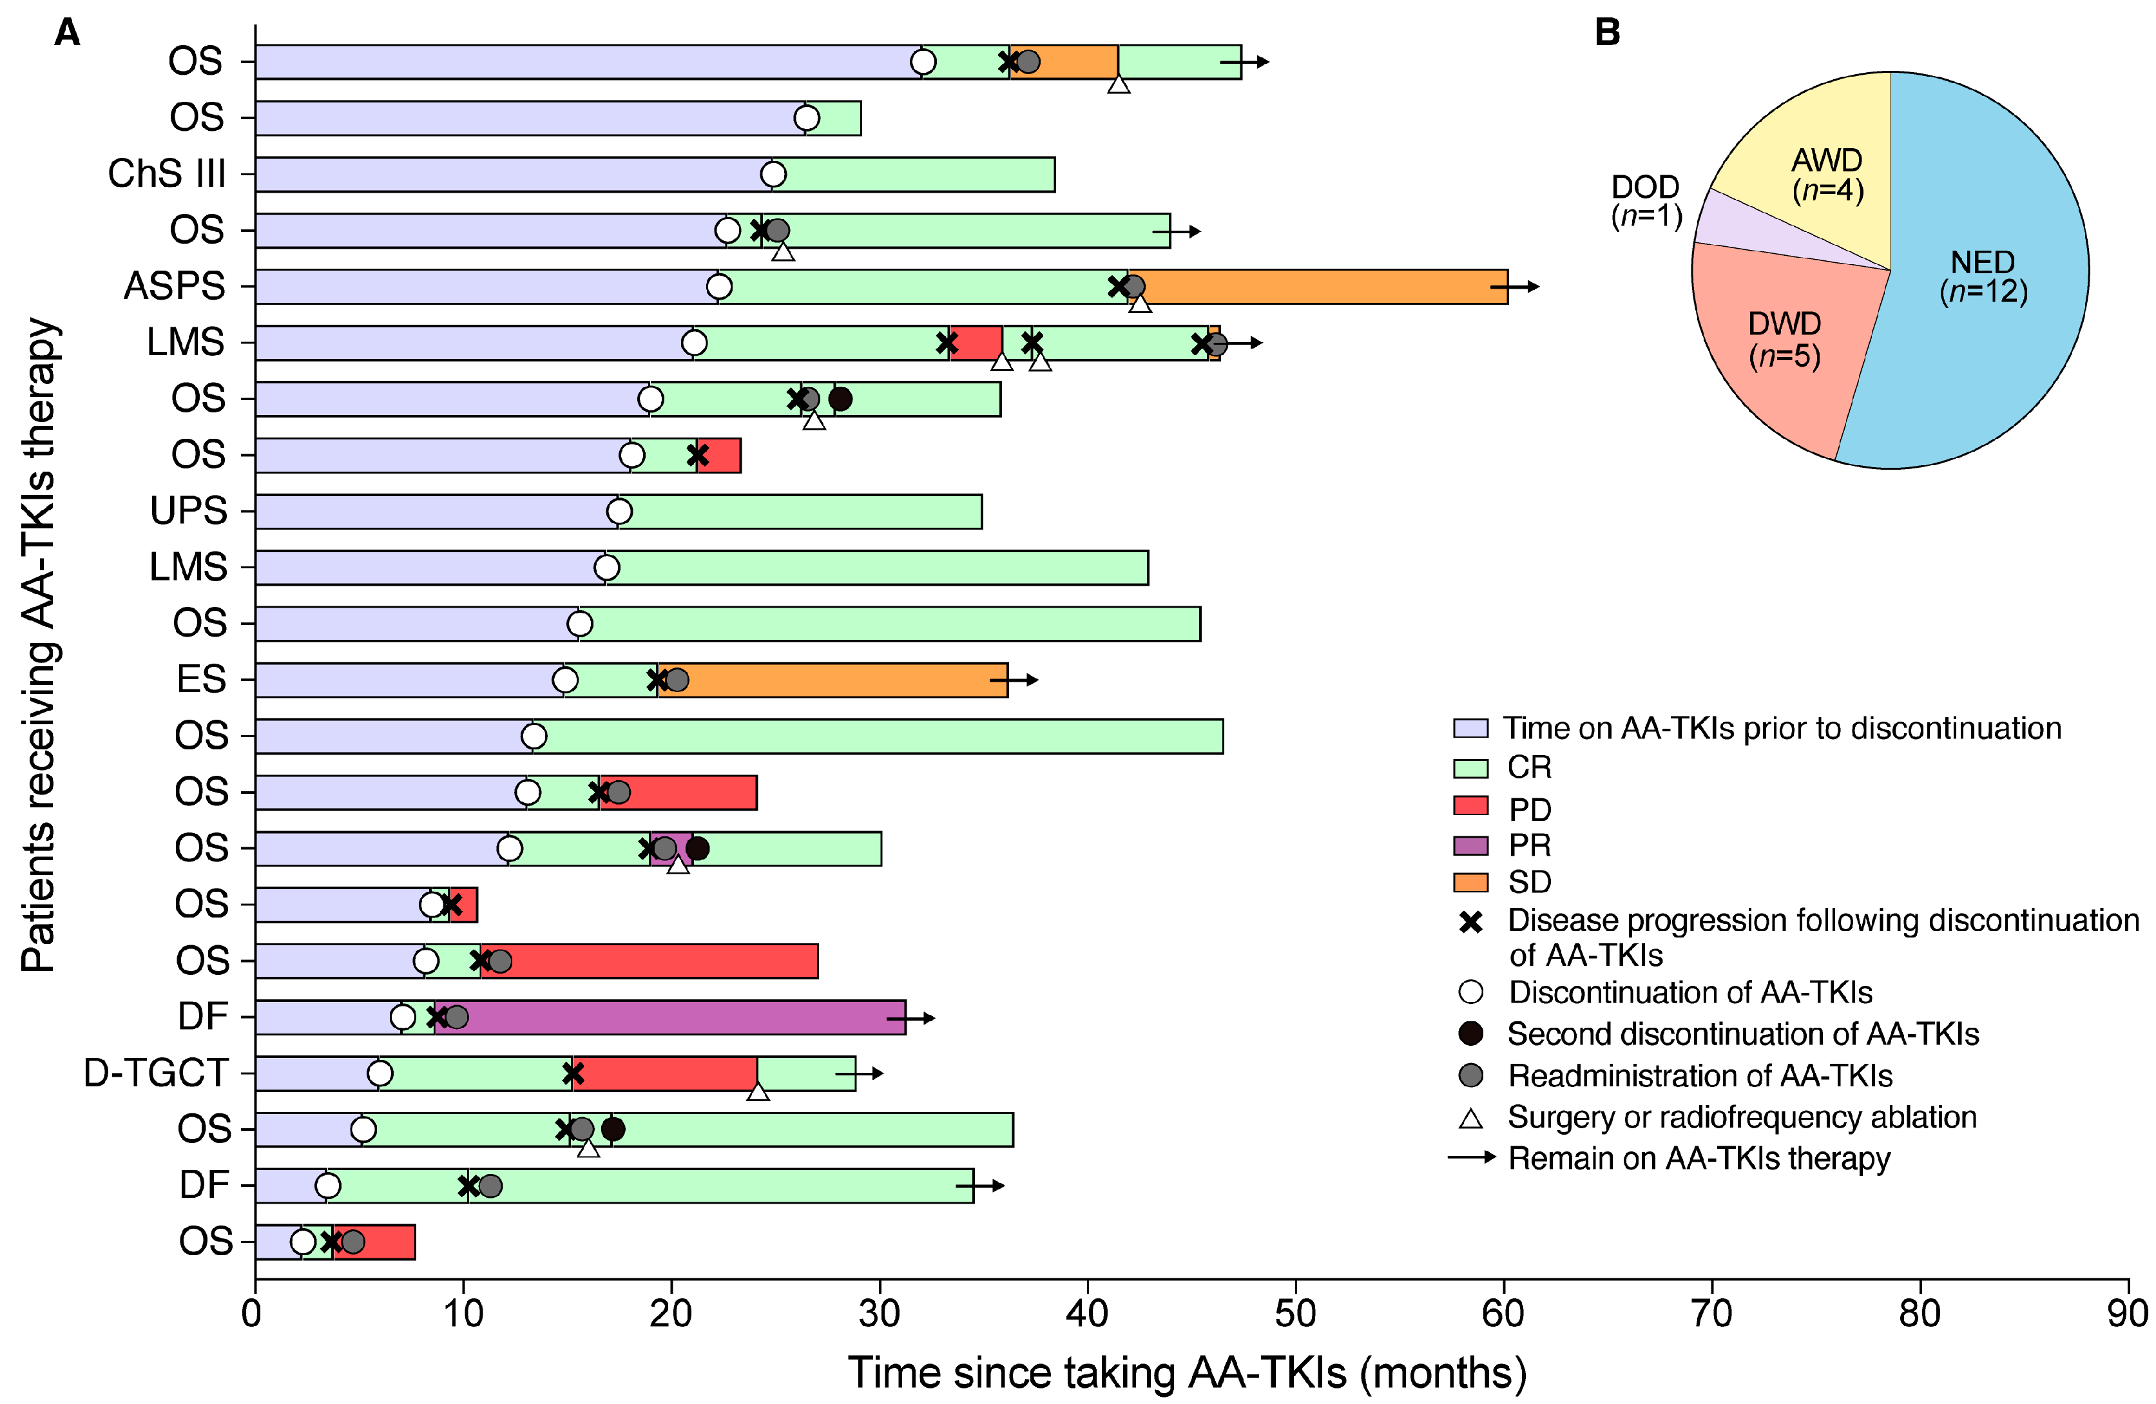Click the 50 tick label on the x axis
[1295, 1313]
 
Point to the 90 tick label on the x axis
[2127, 1313]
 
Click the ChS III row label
[167, 174]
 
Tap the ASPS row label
[174, 286]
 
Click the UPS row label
[188, 511]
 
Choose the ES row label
[201, 679]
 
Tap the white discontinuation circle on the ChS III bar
[773, 174]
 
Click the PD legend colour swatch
[1470, 806]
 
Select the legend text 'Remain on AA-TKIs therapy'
[1699, 1159]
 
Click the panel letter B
[1607, 33]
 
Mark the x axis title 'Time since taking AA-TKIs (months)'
[1187, 1373]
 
